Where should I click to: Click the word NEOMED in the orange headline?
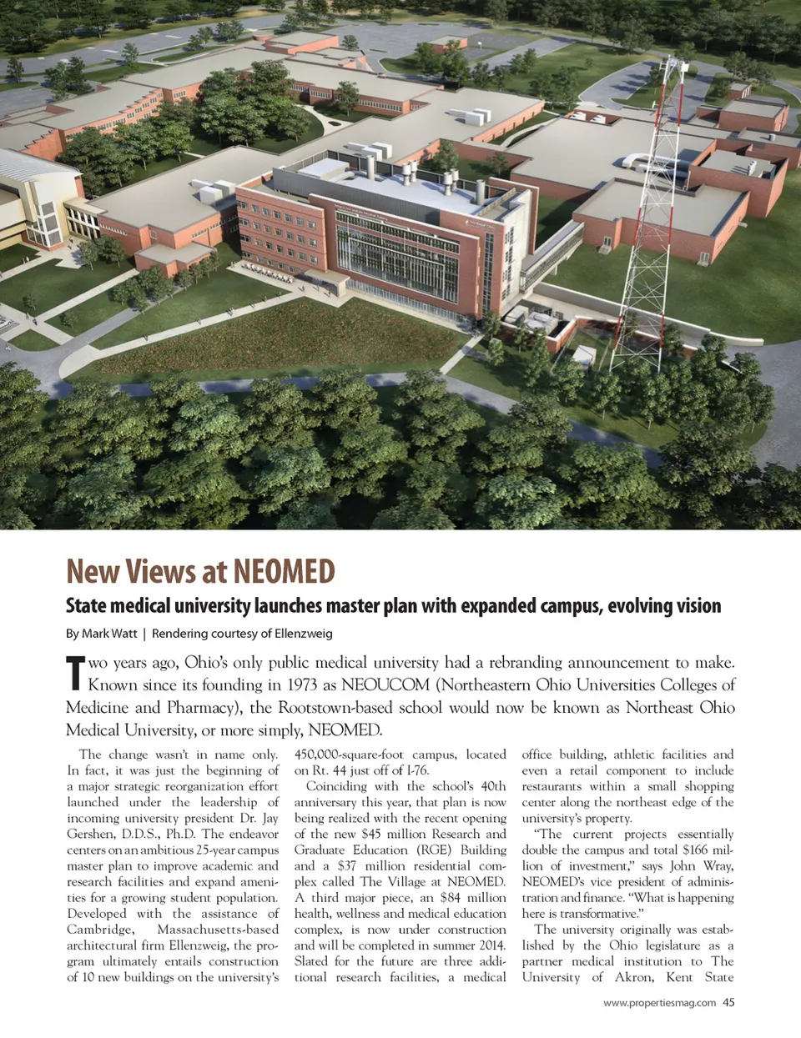(284, 572)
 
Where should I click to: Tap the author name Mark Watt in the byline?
(109, 634)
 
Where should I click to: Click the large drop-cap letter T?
(75, 674)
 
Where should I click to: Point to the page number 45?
(728, 1003)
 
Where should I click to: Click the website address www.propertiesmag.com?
(659, 1003)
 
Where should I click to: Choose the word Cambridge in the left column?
(99, 930)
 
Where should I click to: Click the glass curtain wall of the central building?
(396, 250)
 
